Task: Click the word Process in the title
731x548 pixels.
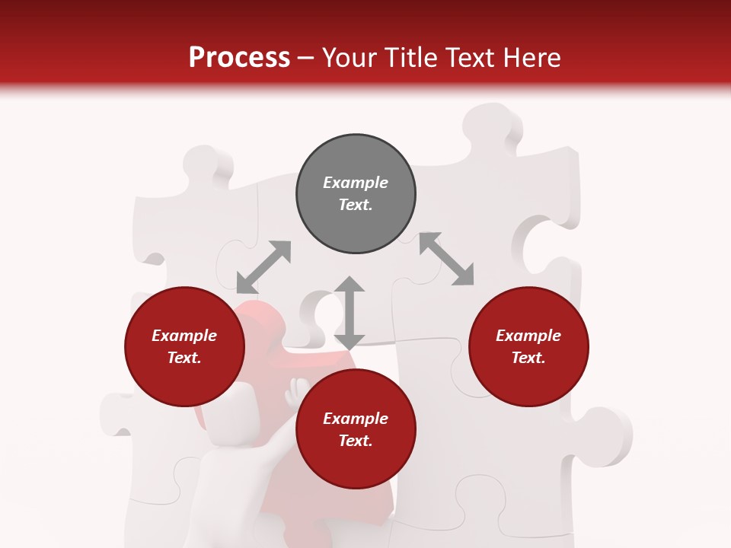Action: (x=239, y=58)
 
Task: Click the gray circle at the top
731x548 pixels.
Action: (x=356, y=194)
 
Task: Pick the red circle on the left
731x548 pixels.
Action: (x=184, y=347)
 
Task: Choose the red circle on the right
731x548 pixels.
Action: (x=528, y=347)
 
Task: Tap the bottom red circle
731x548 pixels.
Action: (x=356, y=429)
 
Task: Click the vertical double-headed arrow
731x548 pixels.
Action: (x=350, y=313)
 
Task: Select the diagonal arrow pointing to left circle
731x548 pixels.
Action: (x=263, y=266)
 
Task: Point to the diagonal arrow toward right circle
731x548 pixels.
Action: (x=446, y=259)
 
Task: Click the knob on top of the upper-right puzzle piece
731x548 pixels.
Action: (x=491, y=126)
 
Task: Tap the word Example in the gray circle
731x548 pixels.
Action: (x=356, y=183)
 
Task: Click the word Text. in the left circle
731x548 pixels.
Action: (x=184, y=358)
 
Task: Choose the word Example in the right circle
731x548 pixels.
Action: (x=528, y=336)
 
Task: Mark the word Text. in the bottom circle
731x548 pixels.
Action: (x=356, y=441)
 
